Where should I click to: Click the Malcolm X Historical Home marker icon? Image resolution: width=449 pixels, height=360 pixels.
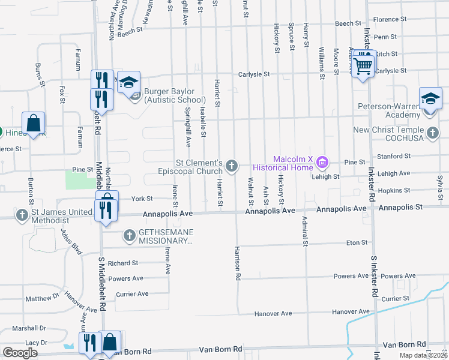[323, 161]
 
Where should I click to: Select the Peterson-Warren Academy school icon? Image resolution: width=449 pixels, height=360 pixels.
[430, 98]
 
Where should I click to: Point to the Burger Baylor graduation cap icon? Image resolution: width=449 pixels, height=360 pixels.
[128, 82]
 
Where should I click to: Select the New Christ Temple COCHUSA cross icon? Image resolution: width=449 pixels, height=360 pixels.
[432, 133]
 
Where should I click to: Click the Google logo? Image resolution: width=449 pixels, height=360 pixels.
[20, 353]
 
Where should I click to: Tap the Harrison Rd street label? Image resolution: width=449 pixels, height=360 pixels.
[238, 263]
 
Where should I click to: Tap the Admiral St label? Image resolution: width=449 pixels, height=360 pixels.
[305, 231]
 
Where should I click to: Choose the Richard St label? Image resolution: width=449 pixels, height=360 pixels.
[123, 263]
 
